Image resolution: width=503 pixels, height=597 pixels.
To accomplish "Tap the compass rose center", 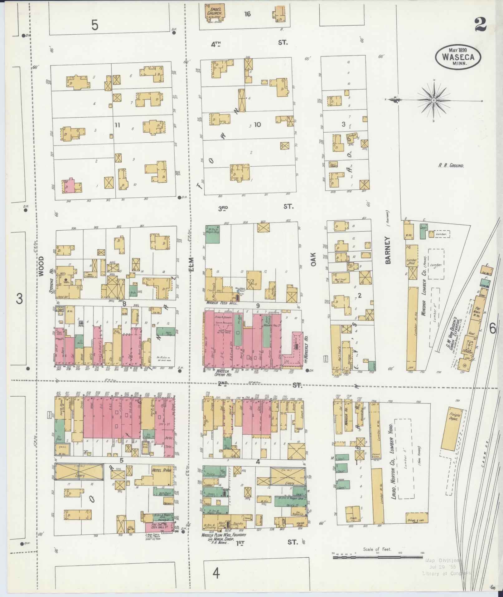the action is [x=433, y=100].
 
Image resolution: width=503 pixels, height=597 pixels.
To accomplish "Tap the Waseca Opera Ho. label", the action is [x=226, y=374].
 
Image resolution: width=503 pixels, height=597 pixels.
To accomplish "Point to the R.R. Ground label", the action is [x=451, y=166].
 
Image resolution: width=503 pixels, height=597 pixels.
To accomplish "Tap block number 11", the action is [x=117, y=125].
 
